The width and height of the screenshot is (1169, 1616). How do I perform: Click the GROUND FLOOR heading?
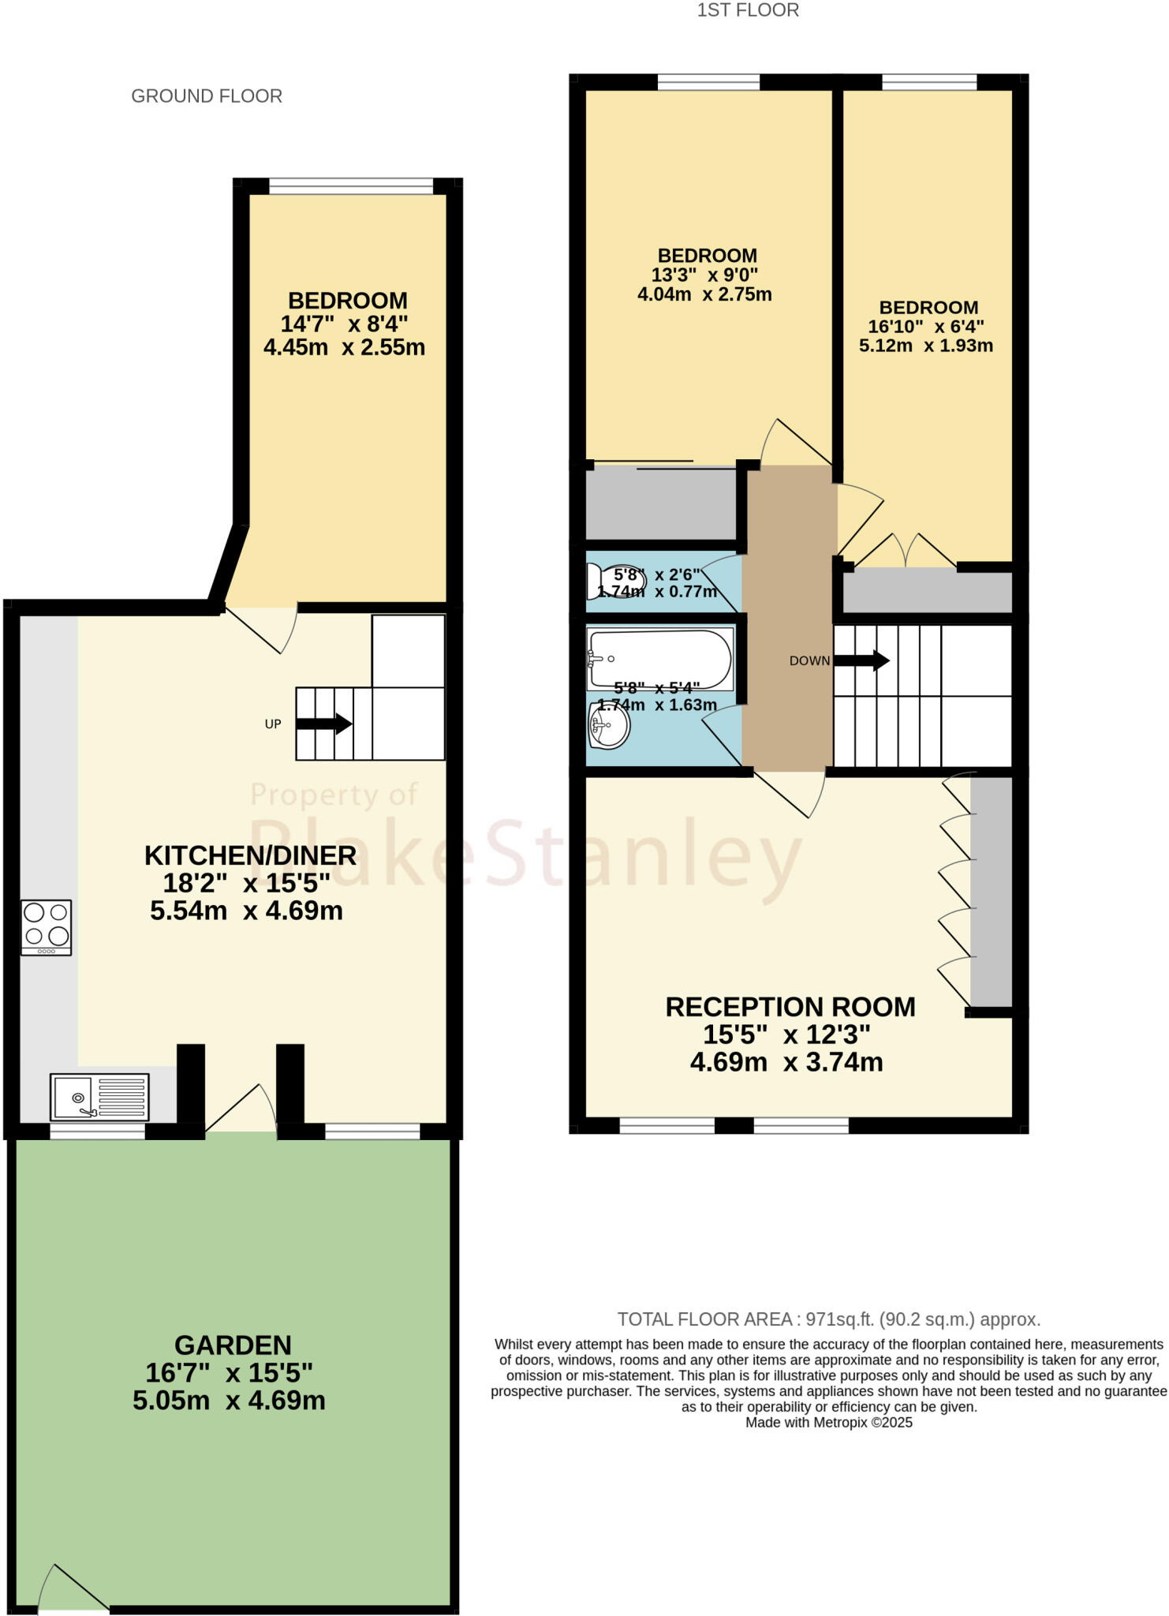pos(207,96)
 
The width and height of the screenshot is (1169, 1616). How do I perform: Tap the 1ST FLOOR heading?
pos(748,10)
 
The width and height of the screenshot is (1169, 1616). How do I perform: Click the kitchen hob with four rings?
pos(47,927)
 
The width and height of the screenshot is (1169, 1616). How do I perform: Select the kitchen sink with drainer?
pos(99,1096)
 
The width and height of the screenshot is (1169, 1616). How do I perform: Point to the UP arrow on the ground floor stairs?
pos(323,724)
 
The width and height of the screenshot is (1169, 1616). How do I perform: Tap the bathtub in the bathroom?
pos(660,659)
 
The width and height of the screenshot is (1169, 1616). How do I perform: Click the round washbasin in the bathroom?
pos(609,726)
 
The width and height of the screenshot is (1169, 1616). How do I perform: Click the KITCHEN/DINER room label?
pos(250,855)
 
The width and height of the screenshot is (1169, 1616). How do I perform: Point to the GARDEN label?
pos(233,1345)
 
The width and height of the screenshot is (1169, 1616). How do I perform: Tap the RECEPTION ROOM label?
pos(790,1007)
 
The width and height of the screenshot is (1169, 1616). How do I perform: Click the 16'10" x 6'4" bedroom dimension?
pos(926,327)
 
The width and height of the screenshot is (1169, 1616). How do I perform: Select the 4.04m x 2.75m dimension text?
pos(704,294)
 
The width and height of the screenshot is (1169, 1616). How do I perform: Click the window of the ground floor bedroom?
pos(351,186)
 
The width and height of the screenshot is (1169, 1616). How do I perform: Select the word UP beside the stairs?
pos(273,724)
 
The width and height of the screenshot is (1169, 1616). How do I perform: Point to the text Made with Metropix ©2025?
pos(829,1423)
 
